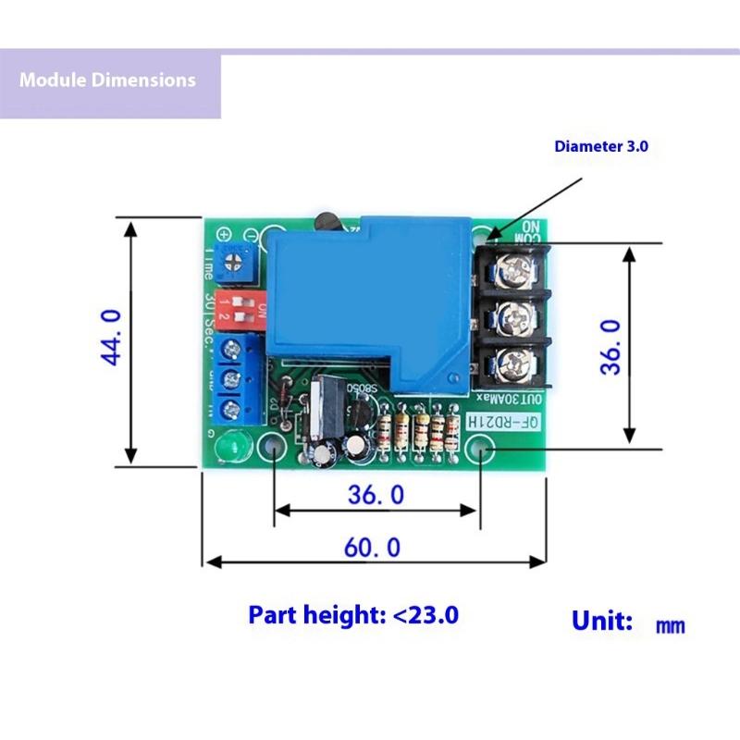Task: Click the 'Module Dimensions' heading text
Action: click(107, 80)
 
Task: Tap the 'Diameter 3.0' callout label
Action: click(601, 146)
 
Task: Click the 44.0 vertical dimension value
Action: click(111, 338)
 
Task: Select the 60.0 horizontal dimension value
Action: click(373, 548)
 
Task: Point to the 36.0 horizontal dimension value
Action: click(376, 495)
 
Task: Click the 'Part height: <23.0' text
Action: click(353, 615)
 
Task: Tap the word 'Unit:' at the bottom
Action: click(602, 621)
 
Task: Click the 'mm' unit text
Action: click(670, 626)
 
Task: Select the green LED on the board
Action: click(229, 449)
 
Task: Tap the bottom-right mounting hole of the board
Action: click(484, 451)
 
